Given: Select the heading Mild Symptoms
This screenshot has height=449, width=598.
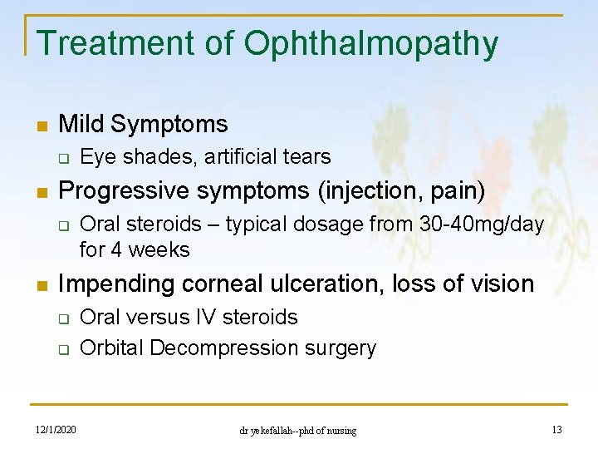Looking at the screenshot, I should coord(143,125).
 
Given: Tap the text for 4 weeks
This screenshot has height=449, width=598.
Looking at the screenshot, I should coord(135,249).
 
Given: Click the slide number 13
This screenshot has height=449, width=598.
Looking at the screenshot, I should coord(556,429).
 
